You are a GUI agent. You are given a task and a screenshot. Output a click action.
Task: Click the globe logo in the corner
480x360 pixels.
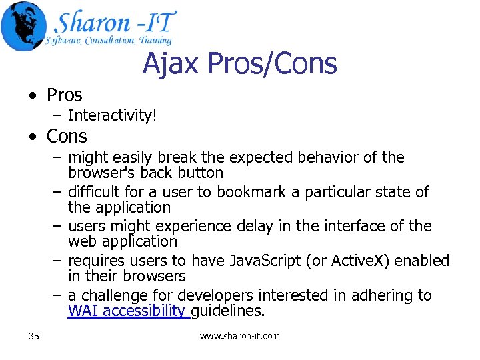24,26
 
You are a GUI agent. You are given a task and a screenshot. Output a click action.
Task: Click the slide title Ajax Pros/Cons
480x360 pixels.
239,64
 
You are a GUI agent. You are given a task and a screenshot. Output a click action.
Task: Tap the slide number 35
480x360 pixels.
34,336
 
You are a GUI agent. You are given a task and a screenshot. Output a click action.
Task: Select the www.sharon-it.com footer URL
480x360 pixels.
239,336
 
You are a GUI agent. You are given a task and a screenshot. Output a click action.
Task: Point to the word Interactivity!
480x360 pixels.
112,116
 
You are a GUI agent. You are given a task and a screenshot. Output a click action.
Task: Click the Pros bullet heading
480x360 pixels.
64,95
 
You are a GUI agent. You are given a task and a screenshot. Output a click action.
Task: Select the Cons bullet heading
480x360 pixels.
67,137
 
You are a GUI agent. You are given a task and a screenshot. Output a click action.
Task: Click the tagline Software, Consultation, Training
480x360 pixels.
108,41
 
